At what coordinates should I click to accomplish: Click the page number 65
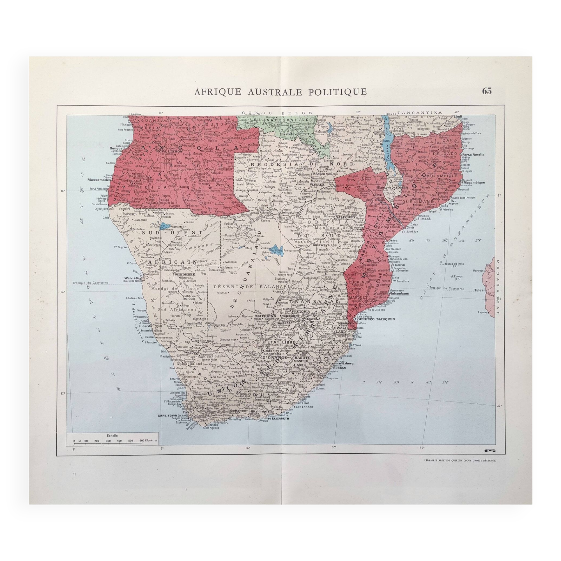click(x=487, y=91)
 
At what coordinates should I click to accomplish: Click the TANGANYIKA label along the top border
click(x=420, y=112)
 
